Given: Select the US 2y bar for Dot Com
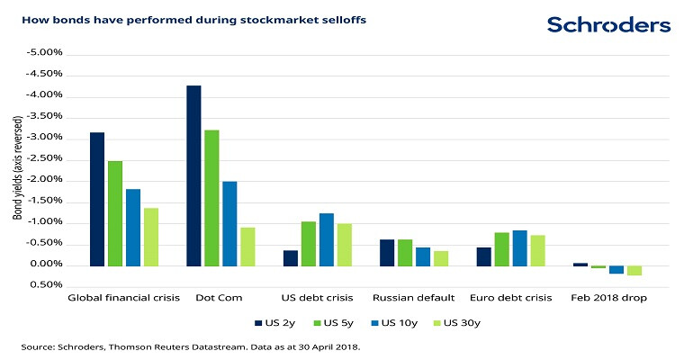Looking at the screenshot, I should pos(193,175).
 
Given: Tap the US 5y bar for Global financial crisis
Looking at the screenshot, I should pos(115,213).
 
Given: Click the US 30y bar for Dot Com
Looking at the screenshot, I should pos(247,247).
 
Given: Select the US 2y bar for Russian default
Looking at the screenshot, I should pos(386,253).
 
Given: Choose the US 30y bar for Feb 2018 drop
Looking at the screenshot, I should pos(634,270).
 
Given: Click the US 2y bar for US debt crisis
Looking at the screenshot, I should pos(291,257).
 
